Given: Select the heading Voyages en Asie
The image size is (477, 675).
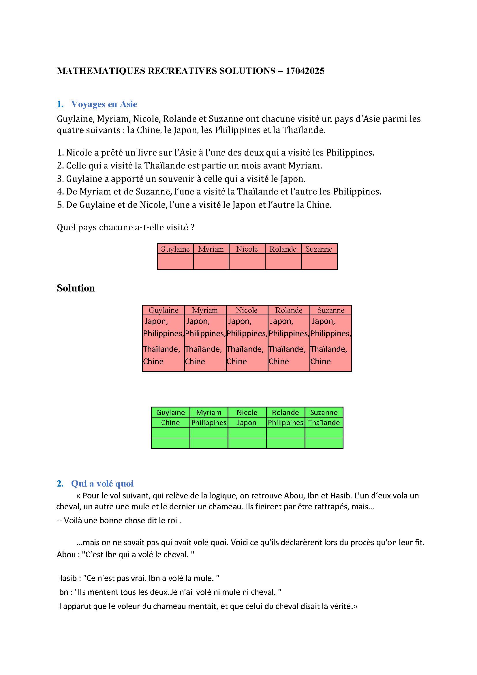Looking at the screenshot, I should pos(104,104).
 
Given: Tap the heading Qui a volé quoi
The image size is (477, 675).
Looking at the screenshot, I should pos(102,484).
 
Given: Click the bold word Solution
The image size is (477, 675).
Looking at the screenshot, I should pos(76,288).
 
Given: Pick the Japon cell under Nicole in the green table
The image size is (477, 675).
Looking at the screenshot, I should pos(247,423).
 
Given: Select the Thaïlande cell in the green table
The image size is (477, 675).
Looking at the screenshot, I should pos(324,423).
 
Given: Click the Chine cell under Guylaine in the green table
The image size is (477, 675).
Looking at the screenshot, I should pos(170,423).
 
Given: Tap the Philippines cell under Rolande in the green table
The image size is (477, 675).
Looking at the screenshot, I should pos(285,423).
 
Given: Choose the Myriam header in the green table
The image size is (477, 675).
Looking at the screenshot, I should pos(209,412).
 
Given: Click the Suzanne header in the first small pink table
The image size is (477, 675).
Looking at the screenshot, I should pos(319,249).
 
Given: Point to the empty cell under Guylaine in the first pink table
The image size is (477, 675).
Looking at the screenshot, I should pos(175,262).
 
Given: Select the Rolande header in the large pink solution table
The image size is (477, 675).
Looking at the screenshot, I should pos(288,310).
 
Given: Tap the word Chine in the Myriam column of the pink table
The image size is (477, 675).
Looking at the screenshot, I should pos(195,361).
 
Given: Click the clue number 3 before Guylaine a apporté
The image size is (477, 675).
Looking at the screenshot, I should pos(60,179).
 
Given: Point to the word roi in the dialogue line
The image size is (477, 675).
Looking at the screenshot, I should pos(172,521).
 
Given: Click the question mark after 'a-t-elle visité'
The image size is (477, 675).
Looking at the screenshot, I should pos(192,227).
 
